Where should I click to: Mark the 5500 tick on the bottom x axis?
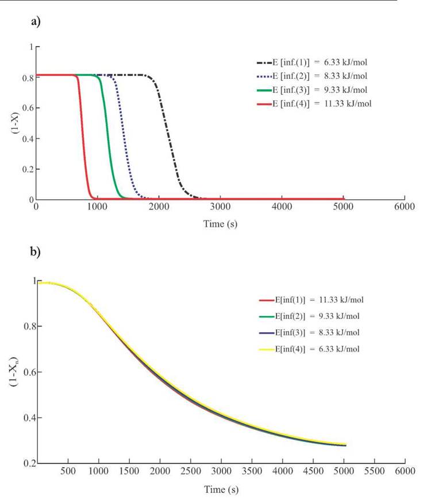click(x=374, y=471)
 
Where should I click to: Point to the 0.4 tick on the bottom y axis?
click(x=28, y=417)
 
